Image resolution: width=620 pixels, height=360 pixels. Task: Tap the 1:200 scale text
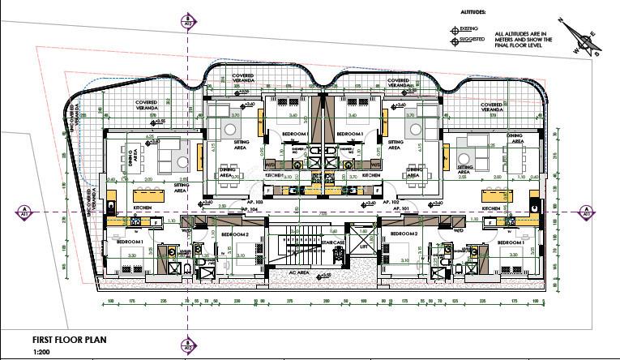coord(40,351)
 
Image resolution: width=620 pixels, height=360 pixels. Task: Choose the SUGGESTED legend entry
coord(471,39)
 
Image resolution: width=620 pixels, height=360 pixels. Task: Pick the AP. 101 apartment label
coord(400,208)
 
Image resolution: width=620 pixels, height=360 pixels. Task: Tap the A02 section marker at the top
coord(188,21)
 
